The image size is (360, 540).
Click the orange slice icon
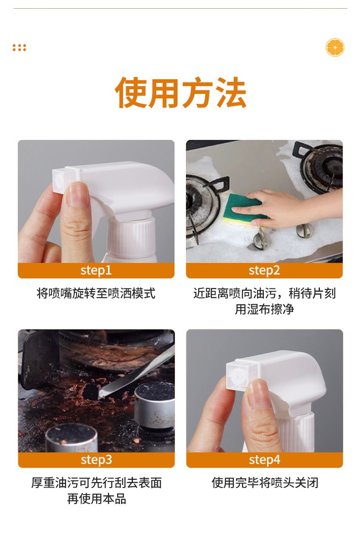pos(335,47)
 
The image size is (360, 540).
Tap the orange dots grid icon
pos(19,47)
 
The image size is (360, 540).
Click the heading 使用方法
pos(180,93)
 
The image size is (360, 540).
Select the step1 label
pos(96,270)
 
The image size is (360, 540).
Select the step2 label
pos(264,270)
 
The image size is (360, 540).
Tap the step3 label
pos(97,460)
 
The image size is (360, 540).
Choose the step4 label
pos(265,460)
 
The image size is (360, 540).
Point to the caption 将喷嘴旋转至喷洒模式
pos(96,293)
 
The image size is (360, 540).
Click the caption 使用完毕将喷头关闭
pos(265,483)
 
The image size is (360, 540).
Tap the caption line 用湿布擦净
pos(264,309)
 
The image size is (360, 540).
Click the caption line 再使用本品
pos(97,499)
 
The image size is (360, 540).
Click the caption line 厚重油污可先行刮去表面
pos(97,483)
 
